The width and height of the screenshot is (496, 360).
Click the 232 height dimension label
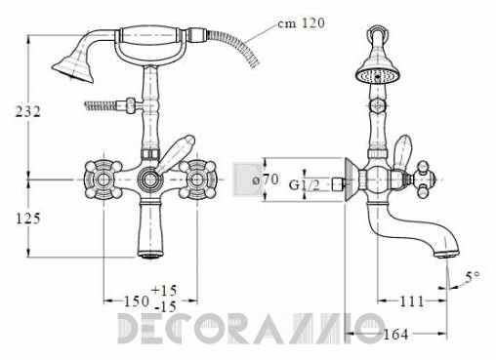28,112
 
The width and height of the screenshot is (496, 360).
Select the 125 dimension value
28,219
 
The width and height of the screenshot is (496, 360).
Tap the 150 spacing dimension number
137,301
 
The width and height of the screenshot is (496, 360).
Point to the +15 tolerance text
164,290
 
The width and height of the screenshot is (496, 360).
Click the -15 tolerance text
165,306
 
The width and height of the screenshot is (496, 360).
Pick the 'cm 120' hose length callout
301,23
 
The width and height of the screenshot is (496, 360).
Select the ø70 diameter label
266,180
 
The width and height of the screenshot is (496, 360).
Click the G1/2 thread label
305,185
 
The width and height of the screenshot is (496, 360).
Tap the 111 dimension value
412,301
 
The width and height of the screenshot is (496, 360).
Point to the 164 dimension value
395,334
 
